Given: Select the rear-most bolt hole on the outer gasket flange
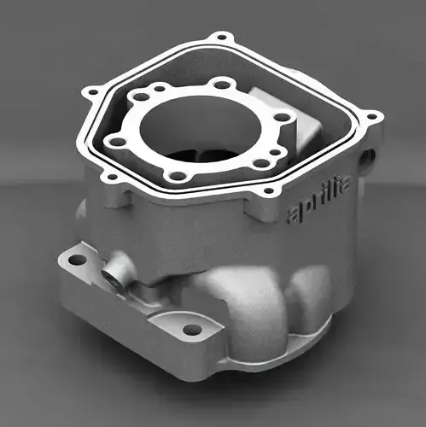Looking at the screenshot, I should pos(224,38).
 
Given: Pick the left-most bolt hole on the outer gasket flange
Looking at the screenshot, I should pos(90,89).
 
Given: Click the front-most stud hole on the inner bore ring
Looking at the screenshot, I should pos(177,176).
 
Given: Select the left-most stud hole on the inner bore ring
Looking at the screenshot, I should pos(111,142).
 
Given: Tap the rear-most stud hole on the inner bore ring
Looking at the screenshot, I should pos(223,84).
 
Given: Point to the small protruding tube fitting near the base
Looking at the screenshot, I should pos(112,276).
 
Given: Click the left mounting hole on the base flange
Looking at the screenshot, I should pos(77,259).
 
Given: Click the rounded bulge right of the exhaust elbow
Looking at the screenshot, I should pos(312,290).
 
